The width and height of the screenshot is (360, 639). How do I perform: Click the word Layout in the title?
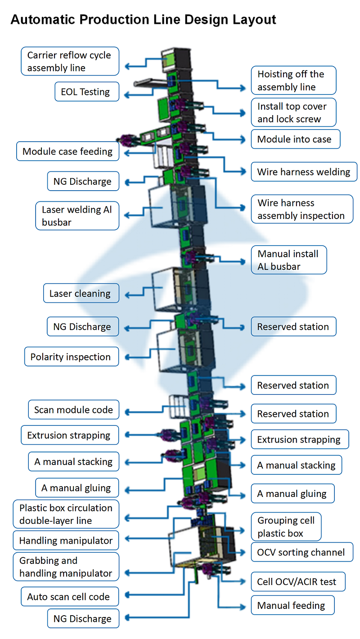pyautogui.click(x=254, y=20)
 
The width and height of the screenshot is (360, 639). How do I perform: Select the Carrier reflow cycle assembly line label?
pyautogui.click(x=70, y=62)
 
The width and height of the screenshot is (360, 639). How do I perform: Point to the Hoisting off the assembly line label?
pyautogui.click(x=293, y=80)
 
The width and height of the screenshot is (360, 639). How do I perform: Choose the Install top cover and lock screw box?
pyautogui.click(x=293, y=112)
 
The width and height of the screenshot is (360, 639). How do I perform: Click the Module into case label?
pyautogui.click(x=295, y=139)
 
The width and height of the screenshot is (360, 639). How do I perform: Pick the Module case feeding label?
pyautogui.click(x=67, y=152)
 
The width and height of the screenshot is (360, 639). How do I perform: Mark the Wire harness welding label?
pyautogui.click(x=304, y=172)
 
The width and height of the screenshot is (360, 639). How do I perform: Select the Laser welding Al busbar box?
pyautogui.click(x=77, y=216)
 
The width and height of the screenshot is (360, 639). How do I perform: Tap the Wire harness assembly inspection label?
pyautogui.click(x=301, y=209)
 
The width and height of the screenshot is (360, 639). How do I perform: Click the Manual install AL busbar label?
pyautogui.click(x=288, y=260)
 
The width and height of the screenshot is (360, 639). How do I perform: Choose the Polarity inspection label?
pyautogui.click(x=71, y=357)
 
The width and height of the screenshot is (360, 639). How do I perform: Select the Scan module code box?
pyautogui.click(x=73, y=410)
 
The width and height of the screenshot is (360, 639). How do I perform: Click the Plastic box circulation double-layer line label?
pyautogui.click(x=66, y=514)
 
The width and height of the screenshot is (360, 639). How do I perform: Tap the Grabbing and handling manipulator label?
pyautogui.click(x=66, y=567)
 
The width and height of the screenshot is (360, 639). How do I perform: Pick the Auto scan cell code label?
pyautogui.click(x=69, y=597)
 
